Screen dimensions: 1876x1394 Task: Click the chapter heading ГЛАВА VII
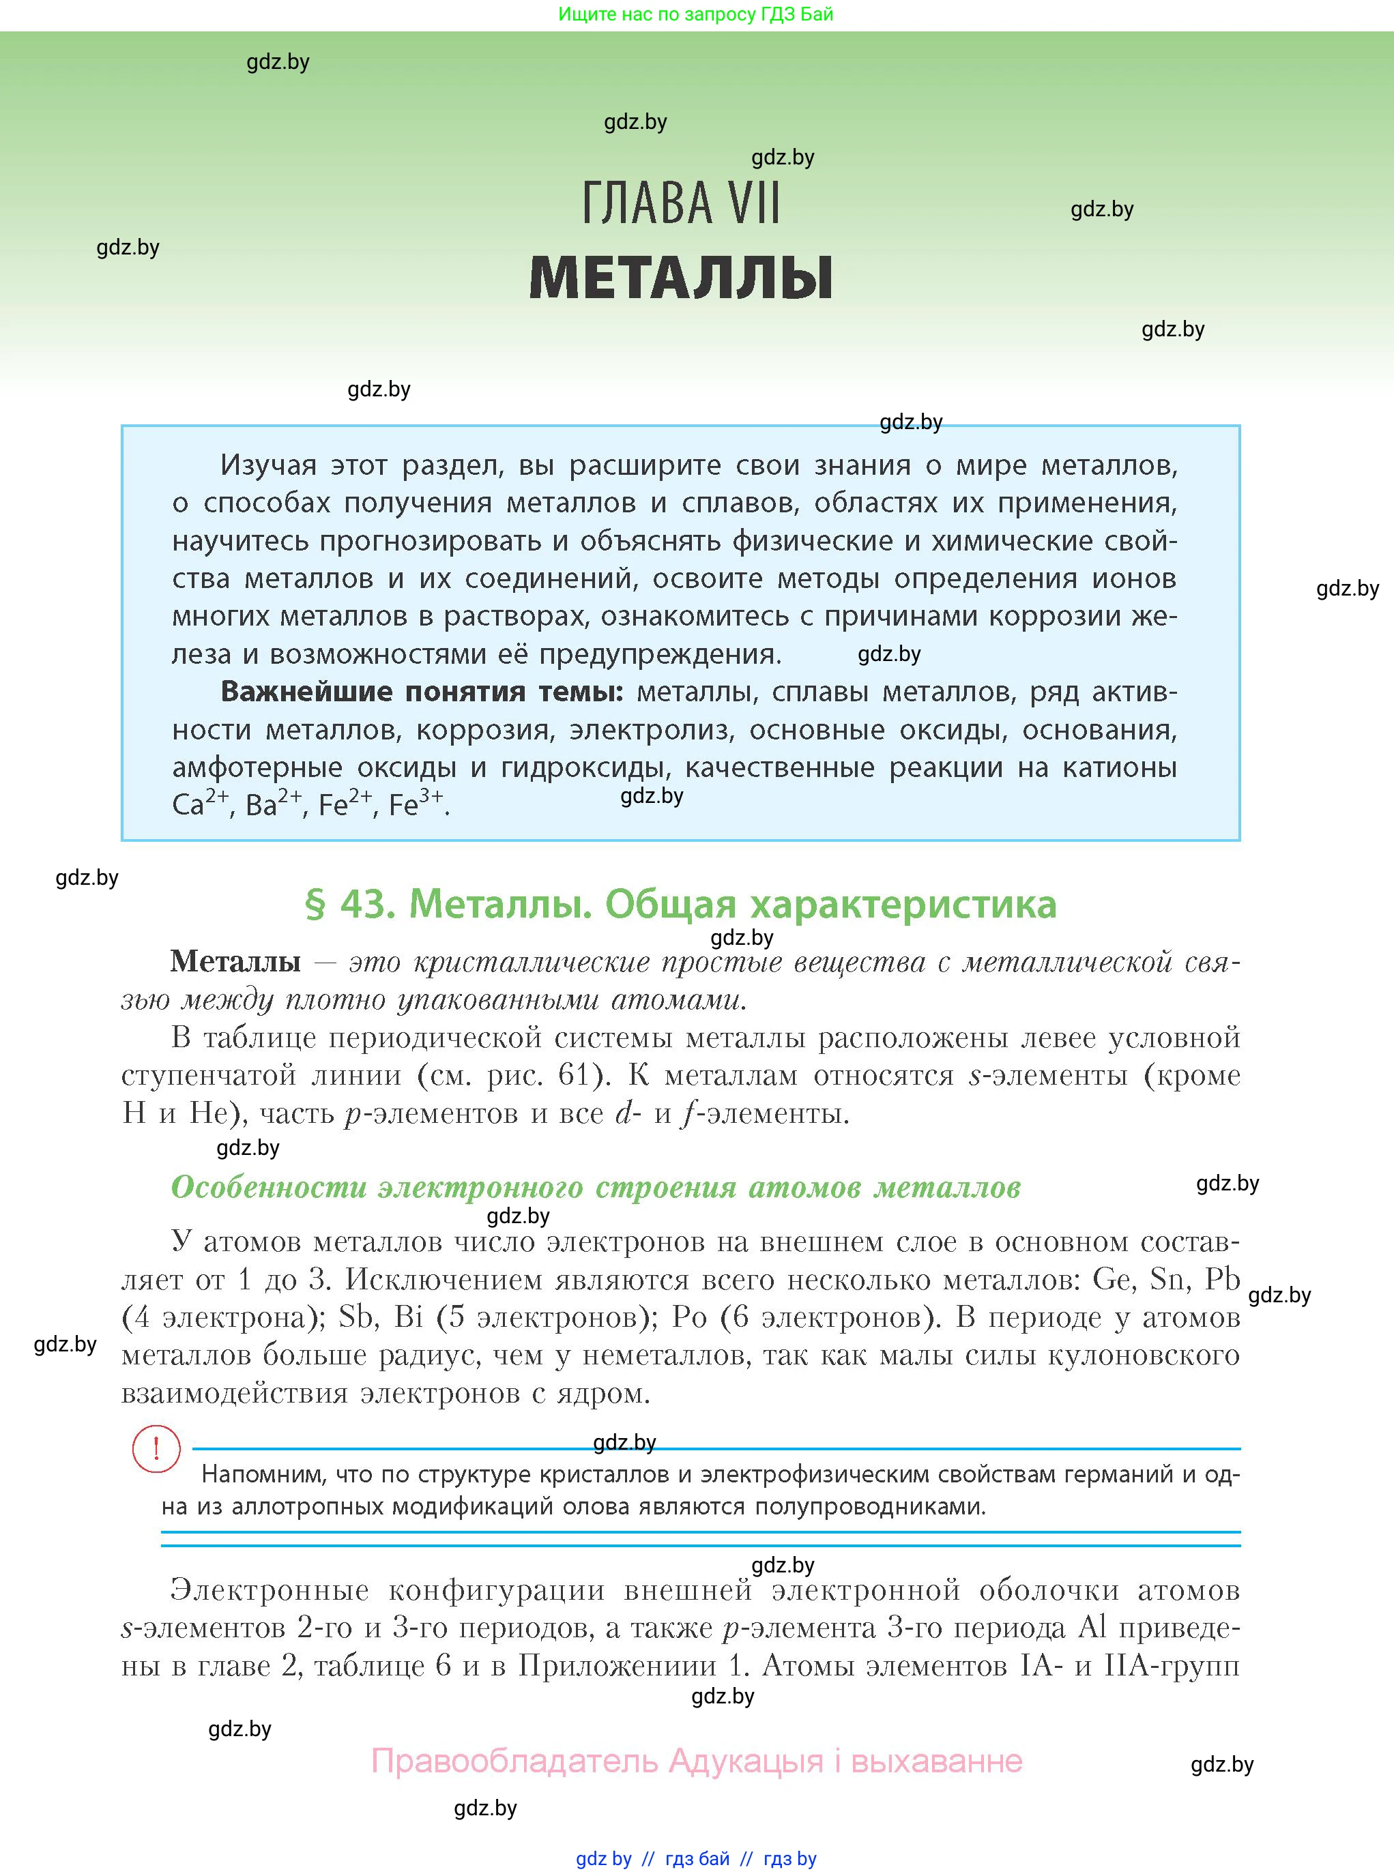tap(681, 203)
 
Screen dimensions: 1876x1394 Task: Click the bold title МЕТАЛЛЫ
tap(681, 278)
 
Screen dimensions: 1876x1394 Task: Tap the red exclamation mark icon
tap(156, 1449)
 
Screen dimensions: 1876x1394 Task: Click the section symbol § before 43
tap(315, 905)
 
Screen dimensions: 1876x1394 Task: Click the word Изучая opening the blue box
tap(268, 465)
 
